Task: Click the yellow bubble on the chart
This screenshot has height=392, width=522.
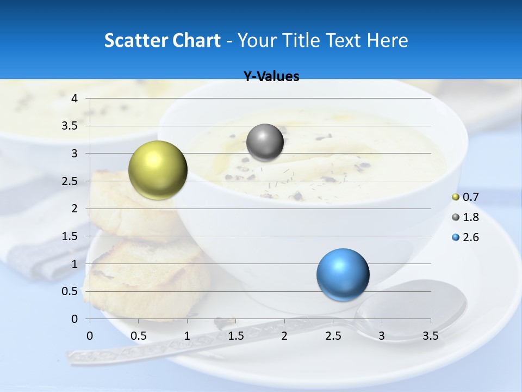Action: (158, 170)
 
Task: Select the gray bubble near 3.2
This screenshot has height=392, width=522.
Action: (265, 142)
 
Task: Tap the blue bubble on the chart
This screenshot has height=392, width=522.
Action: (343, 274)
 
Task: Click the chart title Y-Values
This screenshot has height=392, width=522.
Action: (271, 77)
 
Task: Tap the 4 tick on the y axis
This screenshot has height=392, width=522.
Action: (75, 99)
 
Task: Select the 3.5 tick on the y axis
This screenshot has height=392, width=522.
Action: (71, 126)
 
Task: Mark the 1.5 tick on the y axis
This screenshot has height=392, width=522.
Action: (71, 236)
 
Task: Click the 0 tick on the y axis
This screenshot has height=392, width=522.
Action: (75, 318)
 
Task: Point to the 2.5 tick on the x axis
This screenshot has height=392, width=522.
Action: (333, 336)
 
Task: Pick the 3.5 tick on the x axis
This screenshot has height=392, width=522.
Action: (430, 336)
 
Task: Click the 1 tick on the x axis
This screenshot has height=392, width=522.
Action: (187, 336)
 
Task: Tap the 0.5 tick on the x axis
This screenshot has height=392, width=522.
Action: (139, 336)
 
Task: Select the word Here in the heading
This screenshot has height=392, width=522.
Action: (387, 40)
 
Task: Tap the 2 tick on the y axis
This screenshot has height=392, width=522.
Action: (75, 209)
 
